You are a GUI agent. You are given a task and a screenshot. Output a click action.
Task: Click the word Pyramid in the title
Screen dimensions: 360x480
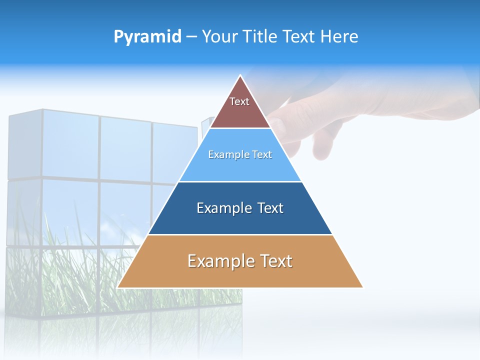click(x=147, y=37)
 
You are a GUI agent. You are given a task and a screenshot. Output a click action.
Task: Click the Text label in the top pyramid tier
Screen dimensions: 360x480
click(x=239, y=101)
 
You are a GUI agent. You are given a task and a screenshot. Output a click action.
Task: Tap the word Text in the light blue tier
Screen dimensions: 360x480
click(x=262, y=154)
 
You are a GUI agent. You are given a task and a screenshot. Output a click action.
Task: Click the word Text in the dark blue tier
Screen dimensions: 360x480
click(x=270, y=208)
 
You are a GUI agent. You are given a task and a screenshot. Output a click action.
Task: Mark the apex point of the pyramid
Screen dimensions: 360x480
click(x=240, y=75)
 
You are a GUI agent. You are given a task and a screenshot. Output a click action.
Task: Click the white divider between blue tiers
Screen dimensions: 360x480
click(x=240, y=181)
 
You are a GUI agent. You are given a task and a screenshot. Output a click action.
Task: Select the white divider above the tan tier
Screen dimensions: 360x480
click(x=240, y=234)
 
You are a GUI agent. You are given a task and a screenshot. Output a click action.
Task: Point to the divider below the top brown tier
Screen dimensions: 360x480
click(x=240, y=128)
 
